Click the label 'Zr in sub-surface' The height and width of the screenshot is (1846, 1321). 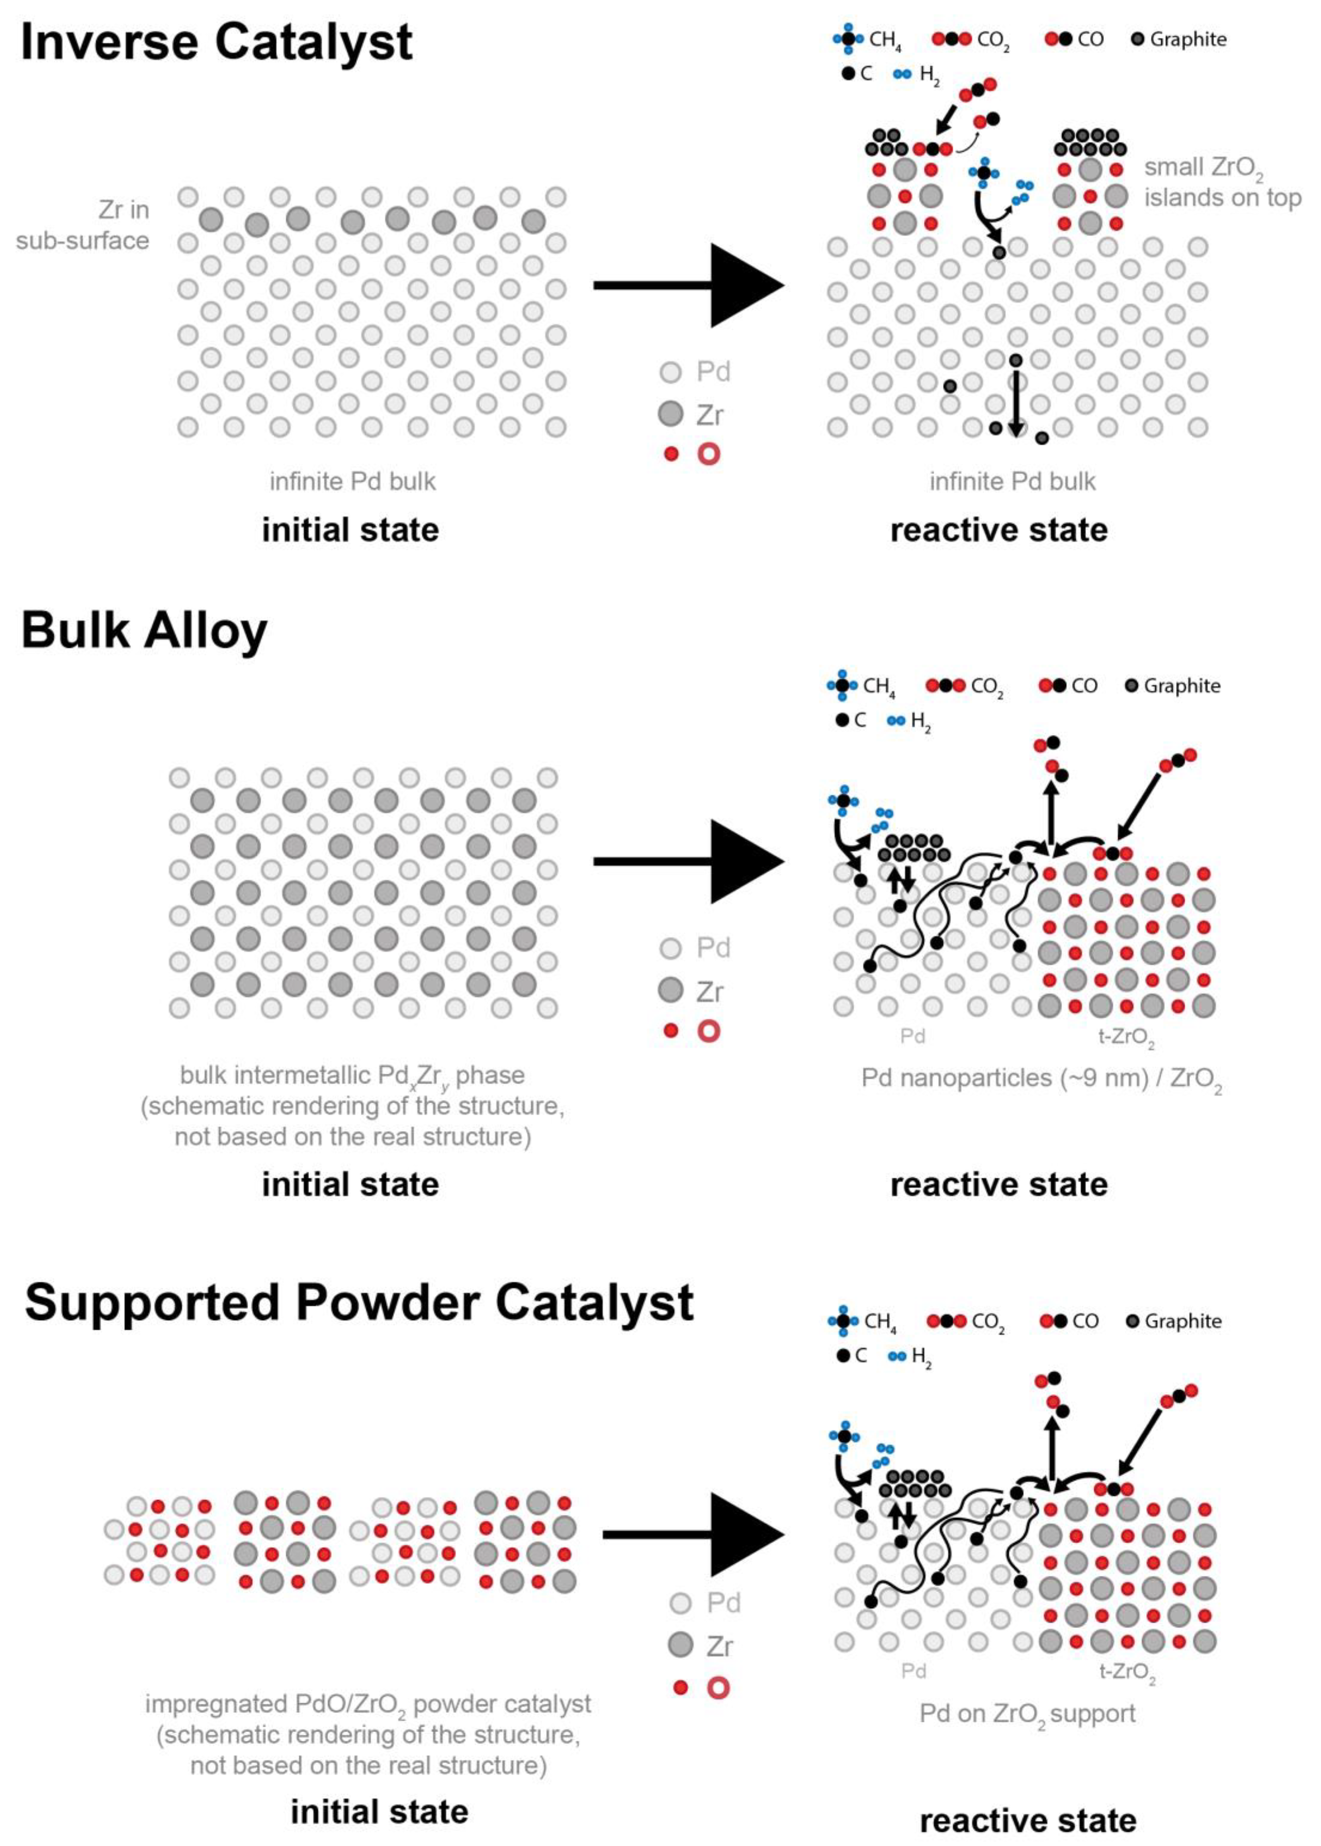point(83,226)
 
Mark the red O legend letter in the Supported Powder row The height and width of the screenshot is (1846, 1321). point(717,1687)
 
